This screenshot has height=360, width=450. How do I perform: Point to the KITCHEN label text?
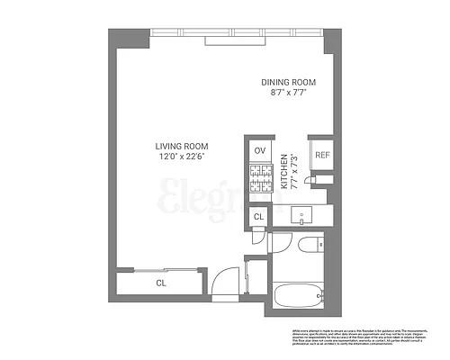[x=284, y=169]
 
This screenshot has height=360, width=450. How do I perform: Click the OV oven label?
[x=260, y=150]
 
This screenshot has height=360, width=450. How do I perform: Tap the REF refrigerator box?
[x=321, y=155]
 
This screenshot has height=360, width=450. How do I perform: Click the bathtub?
[x=297, y=292]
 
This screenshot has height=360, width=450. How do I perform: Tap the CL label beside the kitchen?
[x=258, y=217]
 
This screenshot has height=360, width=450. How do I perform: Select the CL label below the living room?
[x=161, y=283]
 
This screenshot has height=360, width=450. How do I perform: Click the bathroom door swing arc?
[x=281, y=239]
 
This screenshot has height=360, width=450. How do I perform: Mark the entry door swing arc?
[x=231, y=279]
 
